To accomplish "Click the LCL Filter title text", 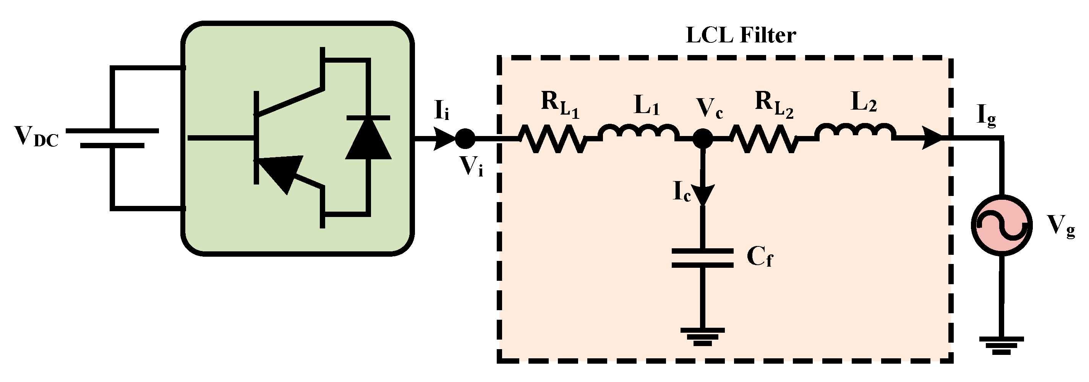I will pos(741,36).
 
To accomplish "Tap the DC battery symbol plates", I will pos(112,138).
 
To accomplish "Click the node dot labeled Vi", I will pos(465,138).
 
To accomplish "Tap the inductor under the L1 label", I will pos(638,133).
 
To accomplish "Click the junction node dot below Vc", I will pos(703,138).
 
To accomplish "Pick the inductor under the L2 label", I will pos(856,133).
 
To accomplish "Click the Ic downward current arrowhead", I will pos(703,194).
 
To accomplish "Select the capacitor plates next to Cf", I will pos(703,258).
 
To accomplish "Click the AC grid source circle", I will pos(1001,225).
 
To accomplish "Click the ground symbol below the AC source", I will pos(1001,345).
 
